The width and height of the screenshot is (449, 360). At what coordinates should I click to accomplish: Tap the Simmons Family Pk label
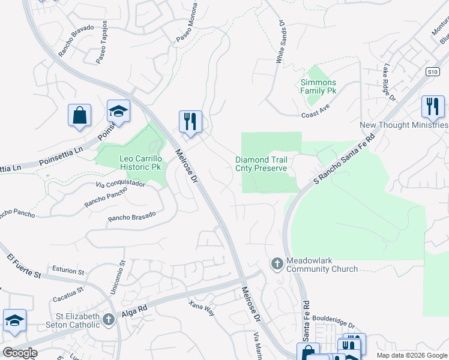coord(318,86)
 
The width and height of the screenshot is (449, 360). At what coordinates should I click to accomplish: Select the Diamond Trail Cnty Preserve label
coord(261,164)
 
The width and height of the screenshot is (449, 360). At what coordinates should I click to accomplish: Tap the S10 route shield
coord(433,71)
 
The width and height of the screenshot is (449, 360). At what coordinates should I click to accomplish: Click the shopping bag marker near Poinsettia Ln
coord(79,115)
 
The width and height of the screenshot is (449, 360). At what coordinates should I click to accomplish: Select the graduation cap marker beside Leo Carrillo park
coord(118,111)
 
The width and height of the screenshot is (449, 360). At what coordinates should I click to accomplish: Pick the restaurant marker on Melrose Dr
coord(190,121)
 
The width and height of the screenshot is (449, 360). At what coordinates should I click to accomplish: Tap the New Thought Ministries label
coord(403,125)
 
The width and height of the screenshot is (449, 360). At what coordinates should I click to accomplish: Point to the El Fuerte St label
coord(24,266)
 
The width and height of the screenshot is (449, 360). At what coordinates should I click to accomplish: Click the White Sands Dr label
coord(280,42)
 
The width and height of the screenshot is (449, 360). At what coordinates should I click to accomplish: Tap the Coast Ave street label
coord(316,114)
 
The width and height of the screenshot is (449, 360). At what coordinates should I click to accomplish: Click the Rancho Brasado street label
coord(131,215)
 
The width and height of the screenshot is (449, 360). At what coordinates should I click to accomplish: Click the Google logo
coord(19,353)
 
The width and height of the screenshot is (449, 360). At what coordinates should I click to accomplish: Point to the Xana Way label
coord(202,307)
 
